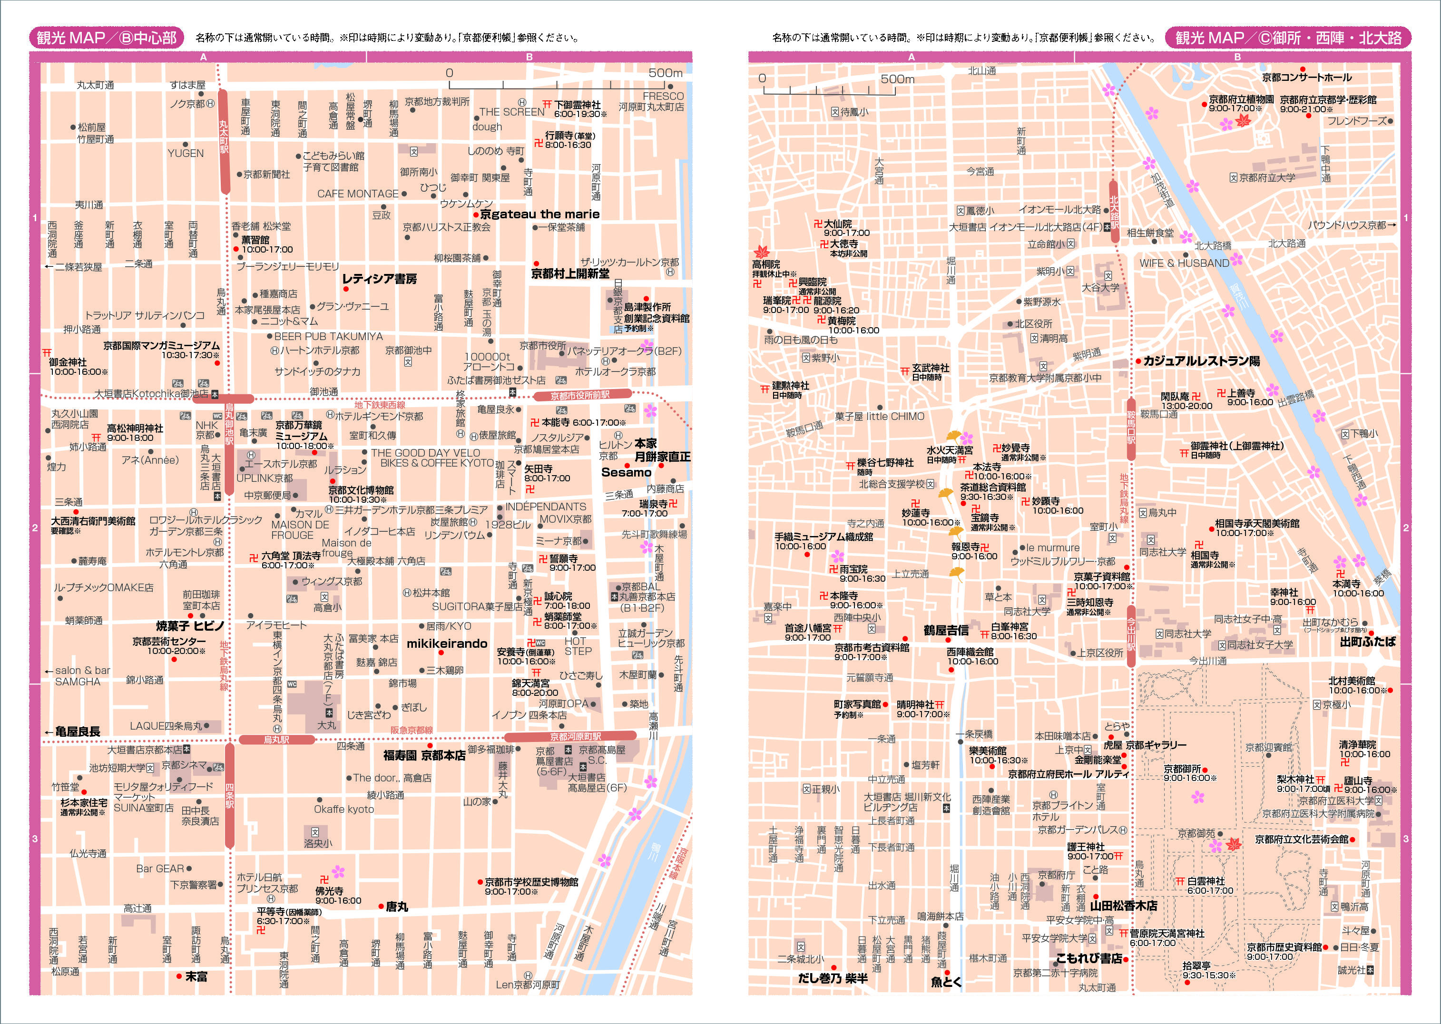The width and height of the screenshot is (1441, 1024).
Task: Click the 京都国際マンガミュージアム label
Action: click(x=161, y=346)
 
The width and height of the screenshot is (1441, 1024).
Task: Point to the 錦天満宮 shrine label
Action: click(x=530, y=683)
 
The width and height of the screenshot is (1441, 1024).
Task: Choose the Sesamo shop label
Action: click(x=626, y=472)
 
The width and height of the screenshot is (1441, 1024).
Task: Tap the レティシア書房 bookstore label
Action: click(x=379, y=279)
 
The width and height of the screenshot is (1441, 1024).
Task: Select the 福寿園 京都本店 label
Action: click(x=424, y=755)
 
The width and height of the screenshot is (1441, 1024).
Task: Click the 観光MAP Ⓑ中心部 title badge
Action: click(x=107, y=38)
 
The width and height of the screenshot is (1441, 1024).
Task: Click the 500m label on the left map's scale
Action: click(x=666, y=73)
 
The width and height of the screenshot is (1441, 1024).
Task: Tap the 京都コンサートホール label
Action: click(x=1307, y=78)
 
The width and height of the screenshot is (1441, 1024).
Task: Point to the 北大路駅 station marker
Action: click(x=1114, y=212)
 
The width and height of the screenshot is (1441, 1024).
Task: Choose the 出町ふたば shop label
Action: click(x=1367, y=642)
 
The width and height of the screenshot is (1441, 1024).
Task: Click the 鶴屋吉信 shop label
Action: click(x=946, y=630)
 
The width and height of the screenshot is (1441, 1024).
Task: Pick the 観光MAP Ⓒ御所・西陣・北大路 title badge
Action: click(x=1288, y=38)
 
